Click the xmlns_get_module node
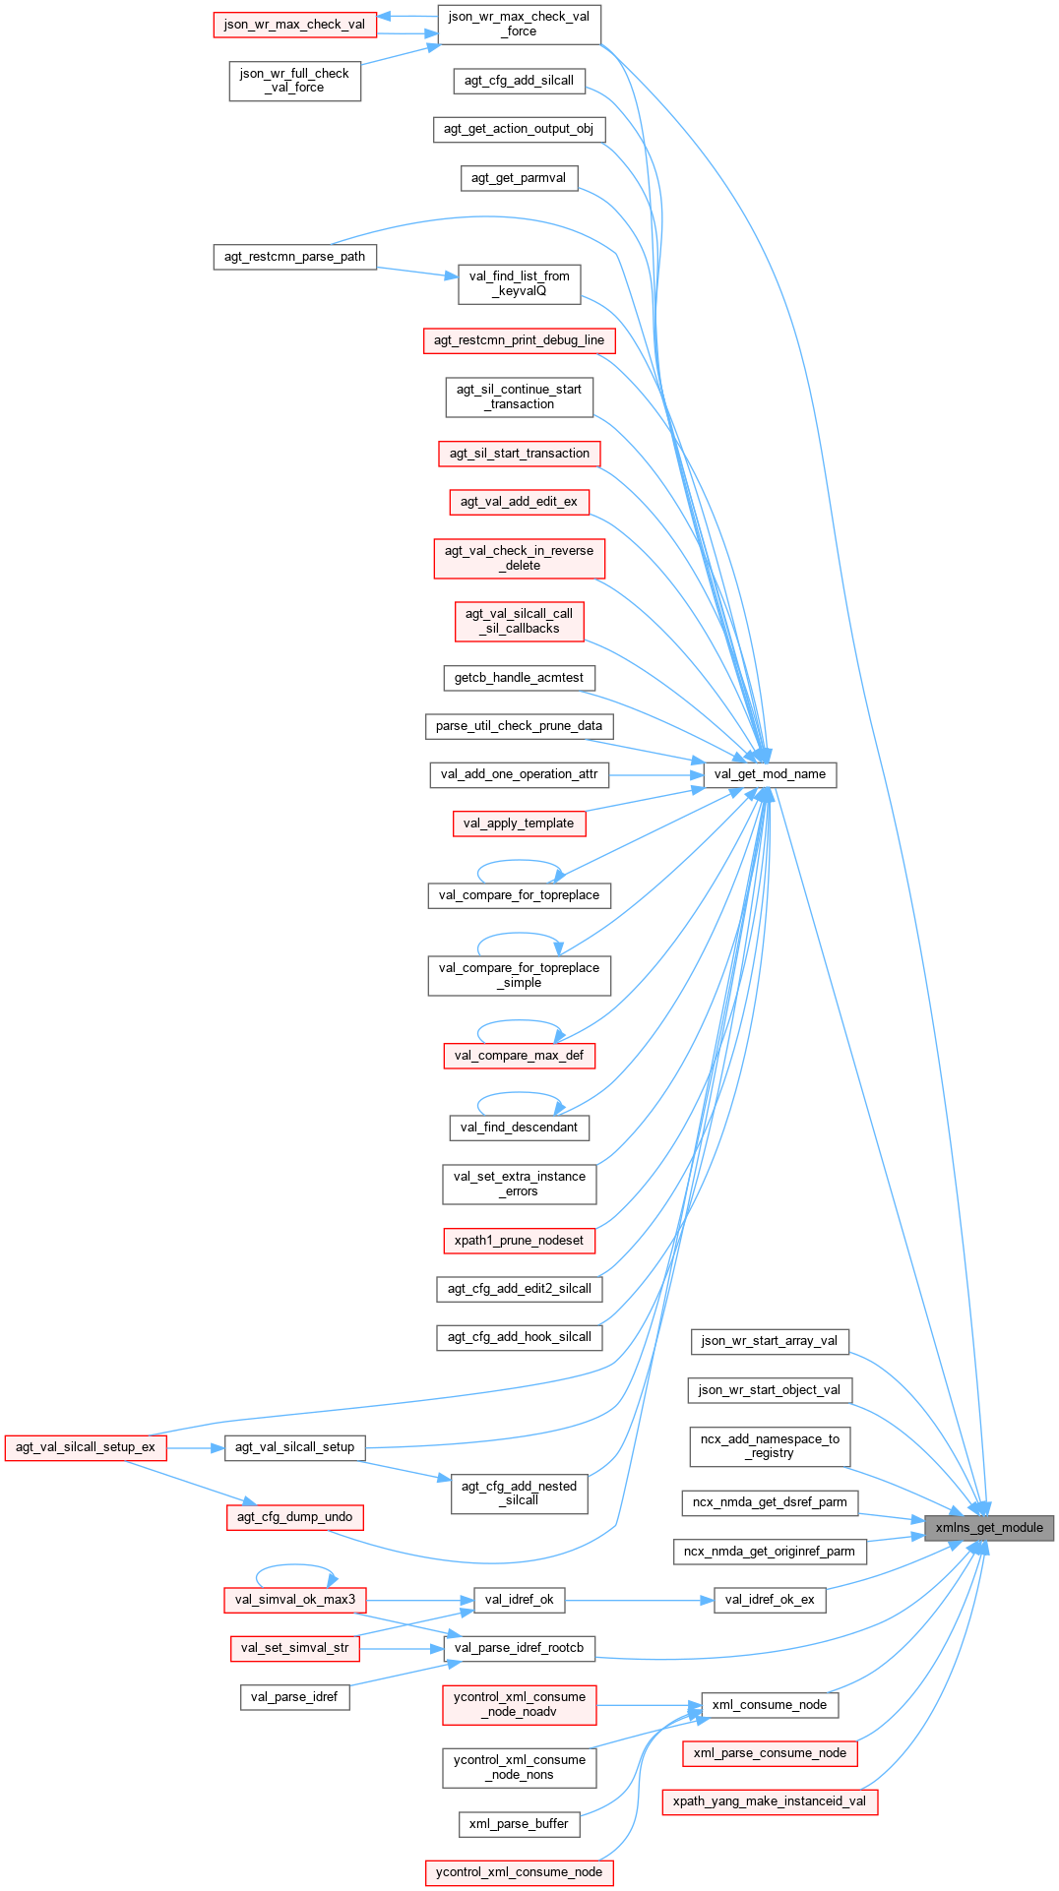[x=989, y=1528]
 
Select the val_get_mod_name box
[x=770, y=774]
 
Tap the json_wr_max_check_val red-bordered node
[x=294, y=25]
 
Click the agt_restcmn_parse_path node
[x=294, y=257]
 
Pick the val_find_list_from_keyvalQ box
[x=519, y=283]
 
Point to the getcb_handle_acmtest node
[x=519, y=678]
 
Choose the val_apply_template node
[x=519, y=823]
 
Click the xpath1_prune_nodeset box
[x=519, y=1241]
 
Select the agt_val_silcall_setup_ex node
[x=86, y=1447]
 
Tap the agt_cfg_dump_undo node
[x=294, y=1517]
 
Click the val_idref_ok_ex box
[x=770, y=1600]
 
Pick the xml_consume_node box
[x=770, y=1705]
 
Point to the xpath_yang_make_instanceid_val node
[x=770, y=1801]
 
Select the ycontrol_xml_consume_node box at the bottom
[x=519, y=1872]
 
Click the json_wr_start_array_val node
[x=770, y=1341]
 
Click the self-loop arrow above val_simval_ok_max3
[x=294, y=1565]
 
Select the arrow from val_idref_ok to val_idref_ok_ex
[x=639, y=1600]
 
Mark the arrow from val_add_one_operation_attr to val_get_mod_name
[x=656, y=775]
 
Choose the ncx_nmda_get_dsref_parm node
[x=770, y=1502]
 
